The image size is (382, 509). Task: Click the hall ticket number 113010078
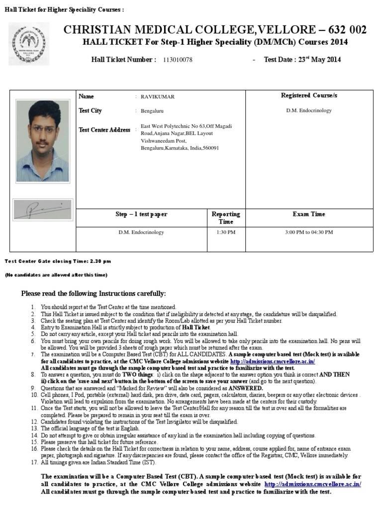tap(178, 60)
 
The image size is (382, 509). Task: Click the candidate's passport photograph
tap(42, 141)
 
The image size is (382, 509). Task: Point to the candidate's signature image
tap(42, 210)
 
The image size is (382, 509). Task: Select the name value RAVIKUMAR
tap(158, 97)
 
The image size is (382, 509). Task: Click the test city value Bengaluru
tap(152, 111)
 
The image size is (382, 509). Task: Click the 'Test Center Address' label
tap(104, 130)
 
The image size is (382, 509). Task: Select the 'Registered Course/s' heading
tap(309, 95)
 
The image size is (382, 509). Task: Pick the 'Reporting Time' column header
tap(226, 218)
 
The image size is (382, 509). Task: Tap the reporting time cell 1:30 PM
tap(226, 232)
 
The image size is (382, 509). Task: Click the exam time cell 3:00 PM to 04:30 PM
tap(309, 232)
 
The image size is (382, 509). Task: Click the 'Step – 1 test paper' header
tap(141, 214)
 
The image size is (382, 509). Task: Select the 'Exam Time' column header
tap(309, 214)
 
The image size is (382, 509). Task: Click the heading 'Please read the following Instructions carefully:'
tap(94, 294)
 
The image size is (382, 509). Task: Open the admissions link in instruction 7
tap(273, 362)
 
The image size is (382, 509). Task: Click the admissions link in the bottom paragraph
tap(313, 484)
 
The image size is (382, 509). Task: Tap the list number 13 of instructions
tap(34, 428)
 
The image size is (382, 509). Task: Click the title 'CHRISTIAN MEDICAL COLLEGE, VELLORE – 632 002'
tap(215, 30)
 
